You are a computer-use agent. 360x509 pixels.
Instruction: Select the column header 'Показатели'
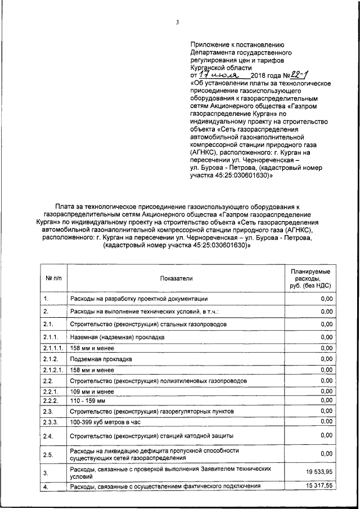coord(175,278)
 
